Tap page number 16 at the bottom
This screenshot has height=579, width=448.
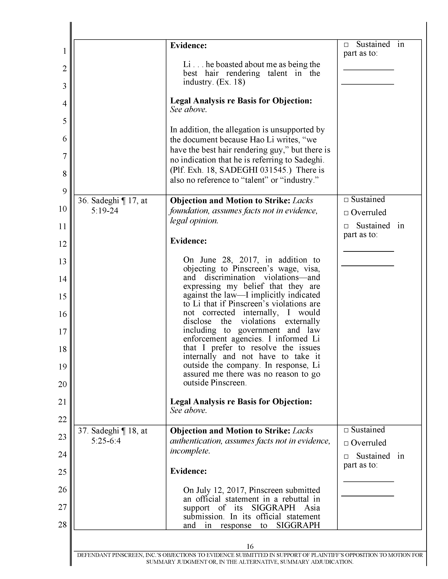click(250, 546)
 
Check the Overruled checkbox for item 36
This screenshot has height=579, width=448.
click(346, 213)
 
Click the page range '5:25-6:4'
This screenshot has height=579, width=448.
click(106, 441)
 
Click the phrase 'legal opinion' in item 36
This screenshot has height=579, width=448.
click(194, 221)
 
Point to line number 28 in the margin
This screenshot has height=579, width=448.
click(62, 524)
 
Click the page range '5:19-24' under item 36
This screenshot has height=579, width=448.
click(105, 211)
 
